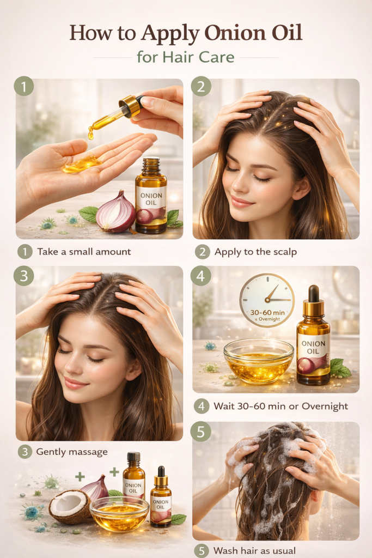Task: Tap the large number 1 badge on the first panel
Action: (24, 87)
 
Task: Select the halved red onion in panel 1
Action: (115, 213)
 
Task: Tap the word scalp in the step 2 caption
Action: (285, 252)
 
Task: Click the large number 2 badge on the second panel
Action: (201, 87)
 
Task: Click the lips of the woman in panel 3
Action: (75, 383)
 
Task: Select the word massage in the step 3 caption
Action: (87, 452)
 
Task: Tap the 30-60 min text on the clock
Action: (267, 312)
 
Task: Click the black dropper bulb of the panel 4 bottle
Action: (313, 293)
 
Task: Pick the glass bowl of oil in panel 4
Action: (259, 361)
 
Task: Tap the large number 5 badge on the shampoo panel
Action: (200, 432)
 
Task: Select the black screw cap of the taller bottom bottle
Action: (134, 457)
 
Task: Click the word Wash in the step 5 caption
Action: (226, 551)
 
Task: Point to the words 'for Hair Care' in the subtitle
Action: (186, 57)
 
